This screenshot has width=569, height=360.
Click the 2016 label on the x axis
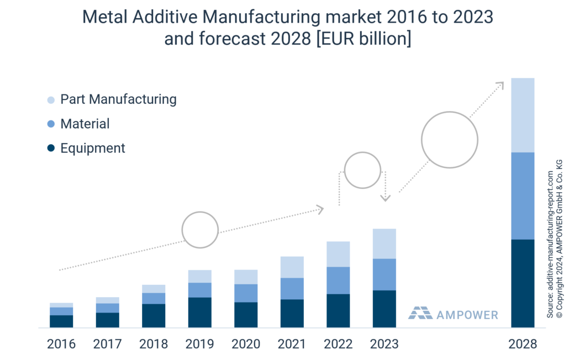coord(61,345)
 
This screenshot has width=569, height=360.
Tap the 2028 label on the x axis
coord(523,345)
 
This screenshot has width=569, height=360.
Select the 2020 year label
coord(246,345)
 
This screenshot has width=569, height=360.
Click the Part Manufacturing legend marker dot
coord(51,100)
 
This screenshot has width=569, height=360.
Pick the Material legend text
coord(85,124)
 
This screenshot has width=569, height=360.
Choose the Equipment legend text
coord(93,148)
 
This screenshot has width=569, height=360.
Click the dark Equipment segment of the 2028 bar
coord(523,283)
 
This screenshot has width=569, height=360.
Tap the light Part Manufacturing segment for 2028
coord(523,115)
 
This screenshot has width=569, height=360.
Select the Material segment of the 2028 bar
coord(523,195)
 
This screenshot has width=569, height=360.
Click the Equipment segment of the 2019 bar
coord(200,312)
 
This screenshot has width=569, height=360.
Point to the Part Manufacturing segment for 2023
coord(384,243)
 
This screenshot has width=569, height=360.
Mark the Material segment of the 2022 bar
coord(338,280)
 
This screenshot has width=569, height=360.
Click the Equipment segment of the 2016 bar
coord(61,321)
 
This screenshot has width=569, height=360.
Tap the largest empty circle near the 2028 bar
coord(449,140)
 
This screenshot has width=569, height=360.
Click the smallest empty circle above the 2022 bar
coord(362,170)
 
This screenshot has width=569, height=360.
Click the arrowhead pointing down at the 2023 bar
coord(386,197)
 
